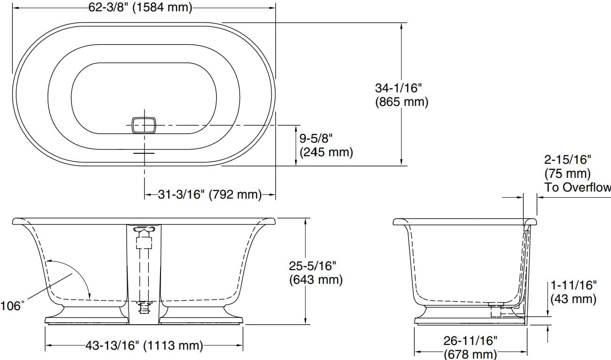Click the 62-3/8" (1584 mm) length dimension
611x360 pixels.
(x=140, y=8)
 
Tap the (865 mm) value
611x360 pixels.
(x=402, y=102)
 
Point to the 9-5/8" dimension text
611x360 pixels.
(x=316, y=138)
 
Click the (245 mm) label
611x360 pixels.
(x=326, y=152)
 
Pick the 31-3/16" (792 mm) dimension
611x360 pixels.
(x=209, y=194)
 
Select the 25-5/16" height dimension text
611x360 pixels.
(x=313, y=266)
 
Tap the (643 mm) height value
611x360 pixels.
(x=315, y=280)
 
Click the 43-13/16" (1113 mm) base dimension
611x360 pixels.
(x=144, y=346)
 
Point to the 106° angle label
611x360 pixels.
(x=12, y=306)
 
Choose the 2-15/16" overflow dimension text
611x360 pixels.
(x=567, y=160)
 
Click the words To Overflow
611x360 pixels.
(x=578, y=187)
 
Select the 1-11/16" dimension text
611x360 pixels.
(x=573, y=285)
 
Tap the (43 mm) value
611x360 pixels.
(x=573, y=298)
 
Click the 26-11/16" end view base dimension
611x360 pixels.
(x=470, y=340)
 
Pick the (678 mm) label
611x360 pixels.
(x=470, y=353)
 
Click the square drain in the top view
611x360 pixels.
(x=144, y=125)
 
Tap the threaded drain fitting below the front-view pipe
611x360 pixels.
(x=144, y=308)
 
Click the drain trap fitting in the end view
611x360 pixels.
(x=495, y=310)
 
